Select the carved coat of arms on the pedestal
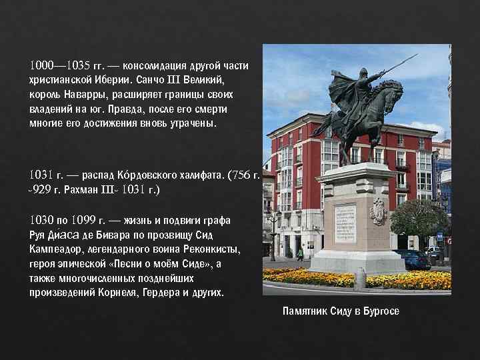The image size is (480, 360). click(379, 212)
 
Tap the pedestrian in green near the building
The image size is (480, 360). click(300, 254)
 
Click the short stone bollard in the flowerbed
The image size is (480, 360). click(360, 278)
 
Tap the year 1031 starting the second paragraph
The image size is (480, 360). click(41, 175)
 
